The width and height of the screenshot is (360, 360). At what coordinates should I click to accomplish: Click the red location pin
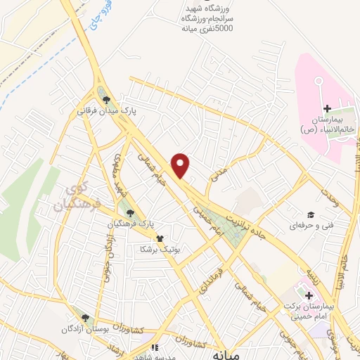(181, 165)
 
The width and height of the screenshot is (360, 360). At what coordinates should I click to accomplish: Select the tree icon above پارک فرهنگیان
(129, 212)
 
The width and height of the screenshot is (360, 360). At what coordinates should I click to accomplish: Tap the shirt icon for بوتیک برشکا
(160, 239)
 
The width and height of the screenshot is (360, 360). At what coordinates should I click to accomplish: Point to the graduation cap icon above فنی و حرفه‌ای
(309, 215)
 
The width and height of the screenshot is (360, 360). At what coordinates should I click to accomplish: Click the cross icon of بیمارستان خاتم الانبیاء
(327, 108)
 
